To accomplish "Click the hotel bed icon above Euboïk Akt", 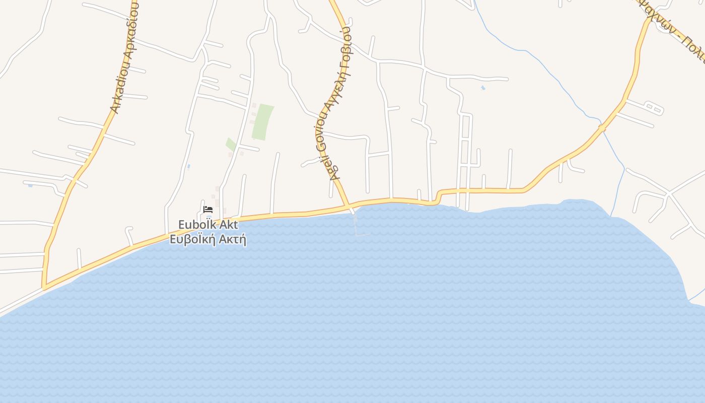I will [x=208, y=209].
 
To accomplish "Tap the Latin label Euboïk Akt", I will [x=208, y=225].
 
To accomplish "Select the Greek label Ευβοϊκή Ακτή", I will [x=208, y=239].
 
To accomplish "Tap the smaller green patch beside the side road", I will [x=231, y=145].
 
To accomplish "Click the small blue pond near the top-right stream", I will [x=483, y=88].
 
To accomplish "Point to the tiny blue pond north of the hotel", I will [x=188, y=166].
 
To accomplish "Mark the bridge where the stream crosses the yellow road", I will [x=601, y=128].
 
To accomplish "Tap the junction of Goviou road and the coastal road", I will [x=348, y=206].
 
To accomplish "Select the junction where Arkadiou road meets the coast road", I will [x=44, y=288].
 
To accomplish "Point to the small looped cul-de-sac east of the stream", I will [x=653, y=107].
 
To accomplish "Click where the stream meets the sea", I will [x=611, y=216].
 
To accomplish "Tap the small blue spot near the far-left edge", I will [x=30, y=185].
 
